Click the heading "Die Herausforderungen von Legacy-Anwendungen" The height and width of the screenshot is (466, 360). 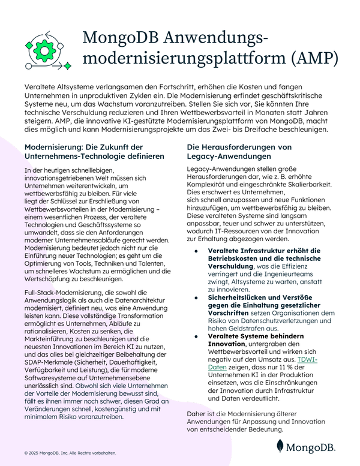[x=239, y=152]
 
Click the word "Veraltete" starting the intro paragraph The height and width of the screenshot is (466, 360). [x=41, y=87]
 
